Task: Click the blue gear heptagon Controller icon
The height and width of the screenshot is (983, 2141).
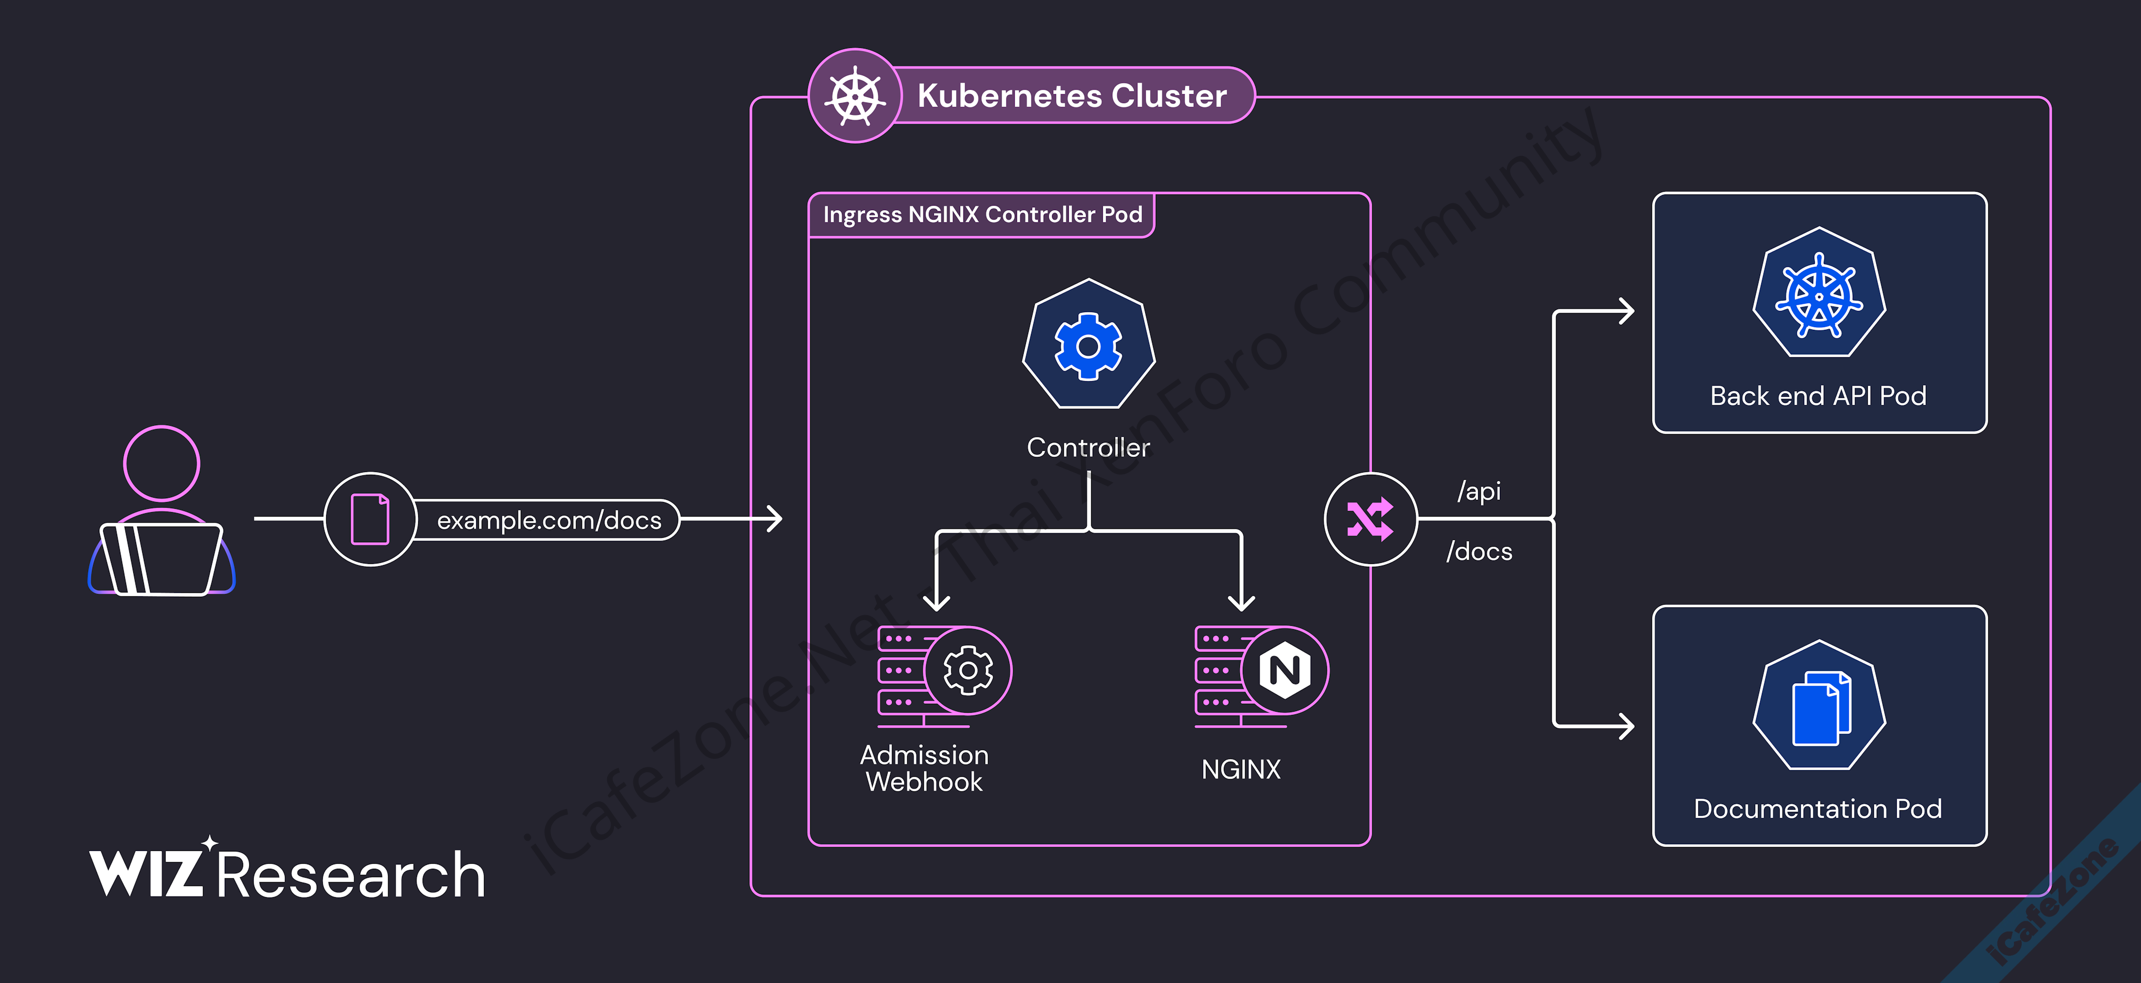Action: tap(1088, 345)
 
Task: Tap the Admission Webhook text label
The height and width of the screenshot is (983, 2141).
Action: tap(924, 768)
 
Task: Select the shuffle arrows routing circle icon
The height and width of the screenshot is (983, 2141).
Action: tap(1370, 519)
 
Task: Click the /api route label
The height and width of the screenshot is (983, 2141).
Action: tap(1479, 491)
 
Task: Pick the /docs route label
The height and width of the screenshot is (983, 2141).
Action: tap(1479, 552)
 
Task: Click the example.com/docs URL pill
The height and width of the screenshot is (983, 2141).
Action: tap(549, 520)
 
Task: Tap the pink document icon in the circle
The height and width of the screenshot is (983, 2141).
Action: tap(370, 519)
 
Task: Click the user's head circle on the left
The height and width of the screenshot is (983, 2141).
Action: tap(161, 464)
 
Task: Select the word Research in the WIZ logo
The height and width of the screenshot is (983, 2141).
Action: tap(351, 875)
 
